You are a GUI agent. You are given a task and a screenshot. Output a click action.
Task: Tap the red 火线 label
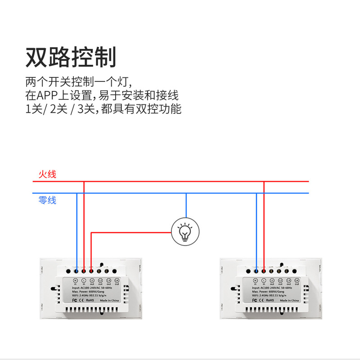[47, 174]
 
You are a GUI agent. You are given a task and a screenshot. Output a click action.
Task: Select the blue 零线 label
[47, 200]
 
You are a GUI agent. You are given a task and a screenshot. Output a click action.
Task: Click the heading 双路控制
[71, 58]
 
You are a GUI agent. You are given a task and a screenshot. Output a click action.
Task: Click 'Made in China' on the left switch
[109, 300]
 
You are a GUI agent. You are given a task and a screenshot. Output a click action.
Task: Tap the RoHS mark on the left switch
[90, 300]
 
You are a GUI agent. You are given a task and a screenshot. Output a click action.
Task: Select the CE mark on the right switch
[261, 300]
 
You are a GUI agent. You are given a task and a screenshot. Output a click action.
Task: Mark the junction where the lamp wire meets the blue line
[186, 193]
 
